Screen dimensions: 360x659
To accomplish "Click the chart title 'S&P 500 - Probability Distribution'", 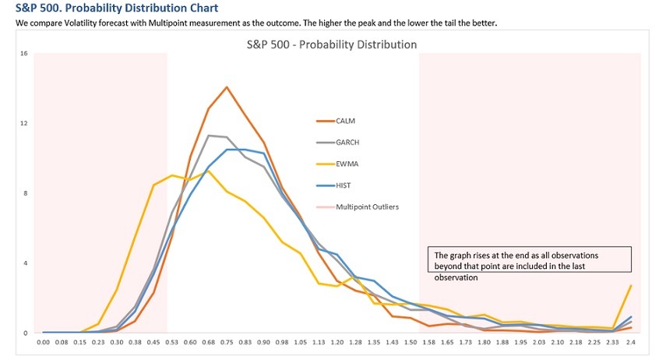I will (331, 44).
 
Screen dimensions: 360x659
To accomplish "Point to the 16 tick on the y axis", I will (24, 54).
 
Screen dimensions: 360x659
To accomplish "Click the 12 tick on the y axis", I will (24, 123).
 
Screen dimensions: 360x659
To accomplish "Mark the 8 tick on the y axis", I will (25, 193).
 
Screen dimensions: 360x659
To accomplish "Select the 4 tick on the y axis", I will (25, 263).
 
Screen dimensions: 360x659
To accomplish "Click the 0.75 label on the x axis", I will (227, 341).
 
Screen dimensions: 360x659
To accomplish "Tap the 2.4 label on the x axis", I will (630, 341).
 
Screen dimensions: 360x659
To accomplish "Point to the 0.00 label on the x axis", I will (44, 341).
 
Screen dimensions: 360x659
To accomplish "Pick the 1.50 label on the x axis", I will (410, 341).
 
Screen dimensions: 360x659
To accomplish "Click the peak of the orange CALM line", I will (227, 86).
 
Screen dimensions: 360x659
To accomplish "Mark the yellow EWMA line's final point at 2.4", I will (630, 285).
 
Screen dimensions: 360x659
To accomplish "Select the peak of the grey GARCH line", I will (209, 136).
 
